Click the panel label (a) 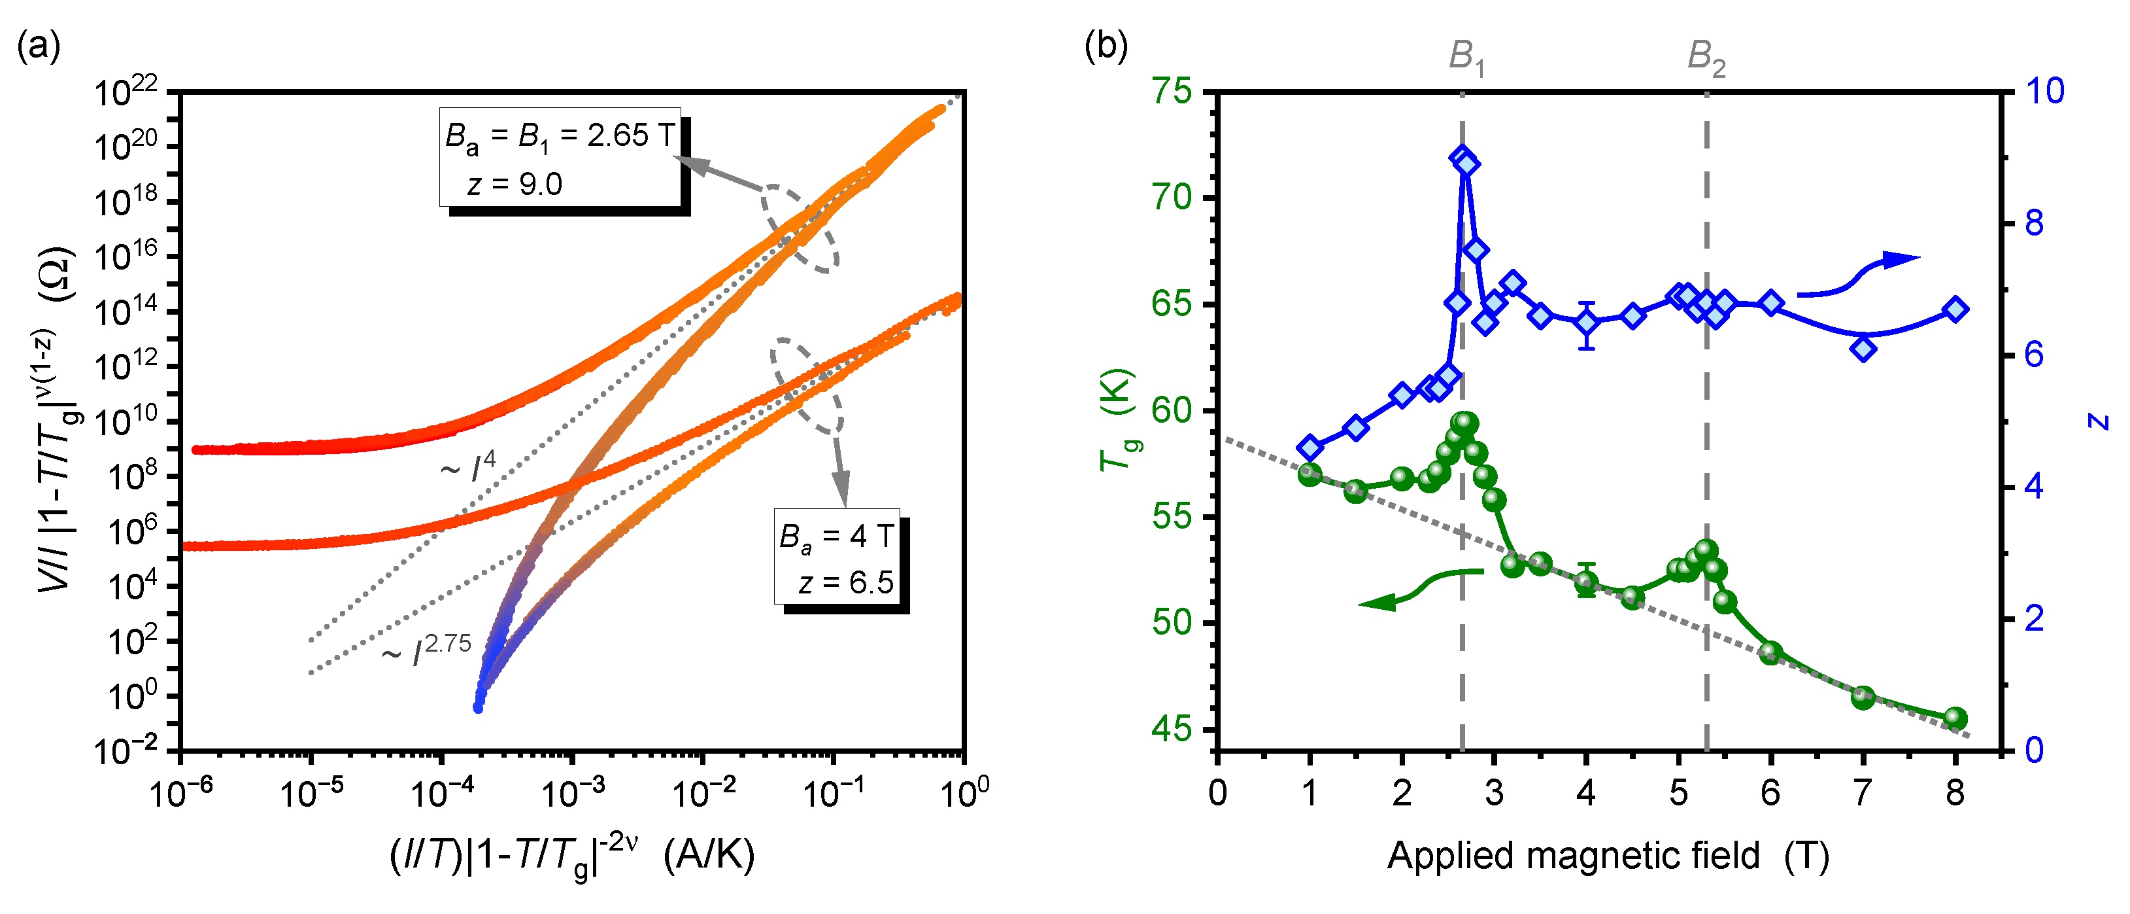(38, 47)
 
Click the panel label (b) (1106, 47)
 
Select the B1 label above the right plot (1466, 58)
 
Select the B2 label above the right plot (1706, 58)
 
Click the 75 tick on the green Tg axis (1172, 91)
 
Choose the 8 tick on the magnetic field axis (1955, 792)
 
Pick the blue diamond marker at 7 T (1863, 349)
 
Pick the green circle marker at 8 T (1955, 718)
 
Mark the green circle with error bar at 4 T (1586, 582)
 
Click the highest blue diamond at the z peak (1462, 158)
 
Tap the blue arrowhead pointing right (1902, 260)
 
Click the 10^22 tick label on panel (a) (124, 93)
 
